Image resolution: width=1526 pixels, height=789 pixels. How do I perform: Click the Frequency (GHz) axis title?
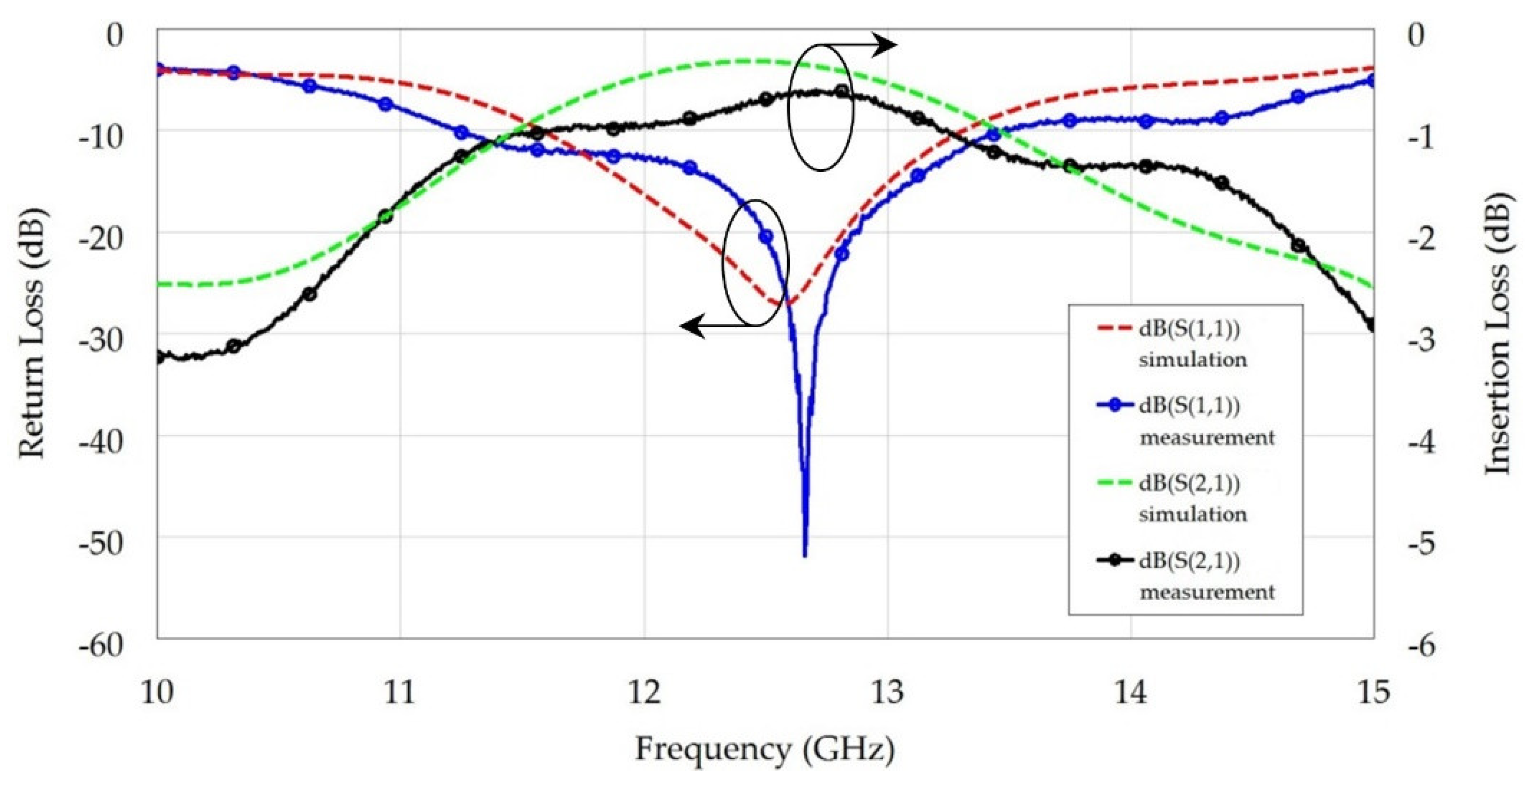pos(764,750)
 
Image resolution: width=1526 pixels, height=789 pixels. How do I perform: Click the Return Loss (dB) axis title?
pos(32,334)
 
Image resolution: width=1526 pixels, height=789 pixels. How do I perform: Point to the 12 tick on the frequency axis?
pos(644,692)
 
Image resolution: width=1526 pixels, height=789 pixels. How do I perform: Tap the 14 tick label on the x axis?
pos(1131,692)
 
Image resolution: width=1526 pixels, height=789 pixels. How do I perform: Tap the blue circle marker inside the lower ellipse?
pos(766,236)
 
